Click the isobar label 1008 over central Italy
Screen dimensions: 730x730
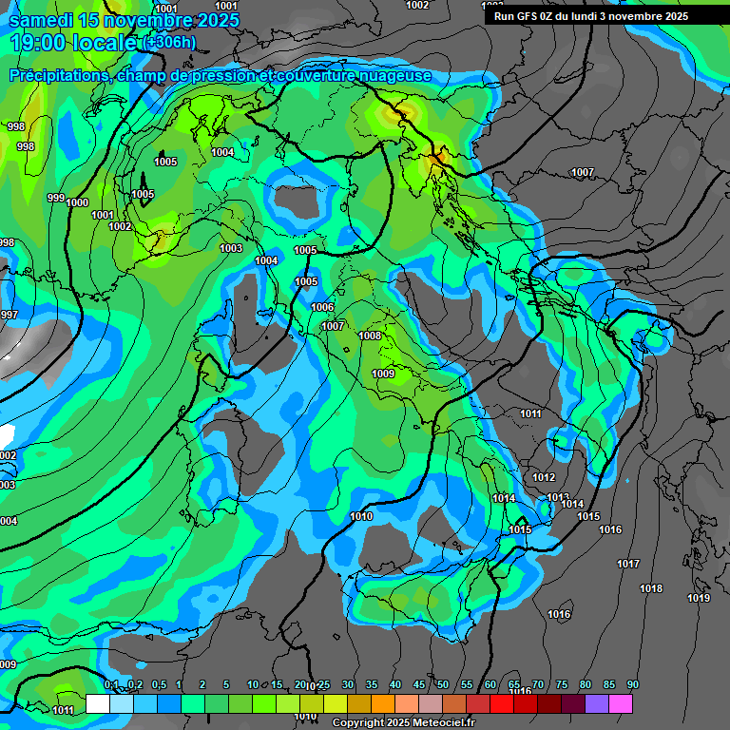pyautogui.click(x=370, y=336)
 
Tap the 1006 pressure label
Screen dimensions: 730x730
pyautogui.click(x=322, y=307)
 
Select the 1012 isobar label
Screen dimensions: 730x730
pyautogui.click(x=544, y=477)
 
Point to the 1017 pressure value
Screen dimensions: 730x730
pyautogui.click(x=627, y=565)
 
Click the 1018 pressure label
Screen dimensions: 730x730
pyautogui.click(x=651, y=589)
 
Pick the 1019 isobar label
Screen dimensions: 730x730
pyautogui.click(x=699, y=598)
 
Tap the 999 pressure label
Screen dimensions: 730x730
pyautogui.click(x=55, y=198)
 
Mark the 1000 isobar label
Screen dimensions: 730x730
pyautogui.click(x=77, y=202)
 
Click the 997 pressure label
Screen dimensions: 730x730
pyautogui.click(x=9, y=315)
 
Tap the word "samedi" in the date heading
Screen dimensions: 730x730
pyautogui.click(x=45, y=20)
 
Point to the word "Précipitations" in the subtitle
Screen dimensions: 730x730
pyautogui.click(x=60, y=76)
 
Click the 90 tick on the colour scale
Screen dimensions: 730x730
pyautogui.click(x=632, y=685)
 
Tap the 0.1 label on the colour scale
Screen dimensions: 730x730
pyautogui.click(x=110, y=685)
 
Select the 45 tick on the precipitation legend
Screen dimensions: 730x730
pyautogui.click(x=419, y=685)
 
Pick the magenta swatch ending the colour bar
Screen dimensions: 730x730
pyautogui.click(x=621, y=703)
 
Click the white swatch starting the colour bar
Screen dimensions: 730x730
pyautogui.click(x=97, y=703)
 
